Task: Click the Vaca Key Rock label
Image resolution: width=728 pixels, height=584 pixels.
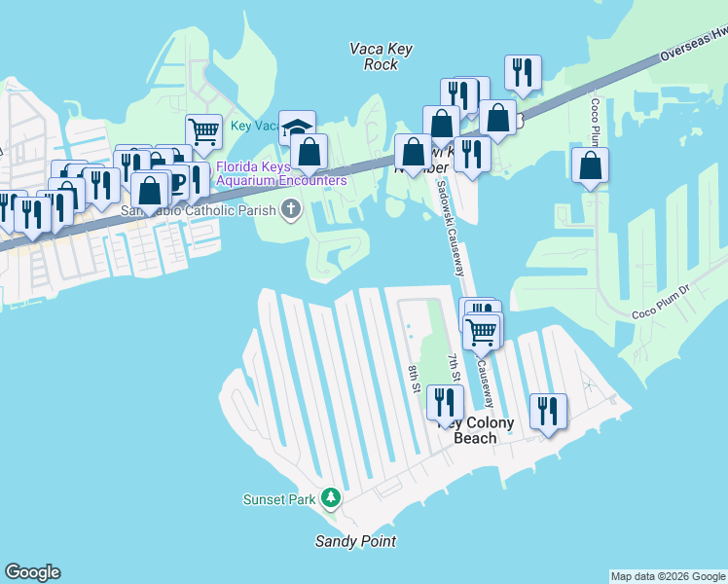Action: pos(374,55)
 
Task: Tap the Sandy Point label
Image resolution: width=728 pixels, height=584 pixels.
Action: pos(355,541)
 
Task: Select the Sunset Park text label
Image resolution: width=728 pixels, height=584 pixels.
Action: pos(279,499)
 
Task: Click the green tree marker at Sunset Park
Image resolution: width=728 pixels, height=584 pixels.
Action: pos(331,498)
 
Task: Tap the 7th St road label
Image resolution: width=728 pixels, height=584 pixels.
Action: pos(454,368)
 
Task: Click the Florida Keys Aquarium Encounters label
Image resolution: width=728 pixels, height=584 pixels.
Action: pos(281,173)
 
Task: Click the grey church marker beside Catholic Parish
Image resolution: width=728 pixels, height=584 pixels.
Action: pos(290,208)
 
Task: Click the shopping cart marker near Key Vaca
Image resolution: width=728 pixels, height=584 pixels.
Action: pos(203,130)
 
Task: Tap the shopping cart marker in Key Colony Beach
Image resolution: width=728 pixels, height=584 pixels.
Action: pos(481,330)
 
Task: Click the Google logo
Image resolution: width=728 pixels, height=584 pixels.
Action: pos(32,572)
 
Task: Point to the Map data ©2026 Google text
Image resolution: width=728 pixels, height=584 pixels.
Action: pos(668,576)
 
